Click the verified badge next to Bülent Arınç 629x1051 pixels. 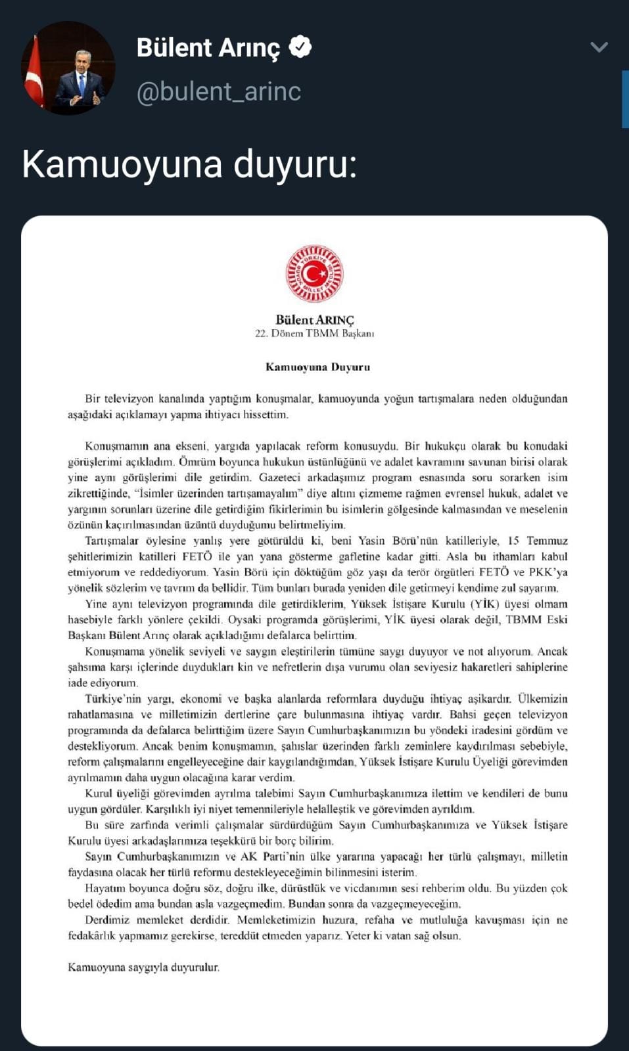300,47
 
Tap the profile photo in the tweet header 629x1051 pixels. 68,68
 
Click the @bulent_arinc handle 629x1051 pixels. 218,91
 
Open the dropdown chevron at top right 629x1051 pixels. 599,47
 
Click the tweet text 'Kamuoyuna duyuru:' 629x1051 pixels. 189,164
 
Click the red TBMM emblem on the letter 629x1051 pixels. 314,273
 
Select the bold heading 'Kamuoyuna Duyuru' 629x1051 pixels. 317,367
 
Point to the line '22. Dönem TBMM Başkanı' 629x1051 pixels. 314,334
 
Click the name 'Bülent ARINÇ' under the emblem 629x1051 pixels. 314,320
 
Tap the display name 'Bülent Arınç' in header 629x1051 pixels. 208,48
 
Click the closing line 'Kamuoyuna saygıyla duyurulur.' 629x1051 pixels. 143,967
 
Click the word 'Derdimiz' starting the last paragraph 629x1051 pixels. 107,920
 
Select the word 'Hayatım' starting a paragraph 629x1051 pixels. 105,888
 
